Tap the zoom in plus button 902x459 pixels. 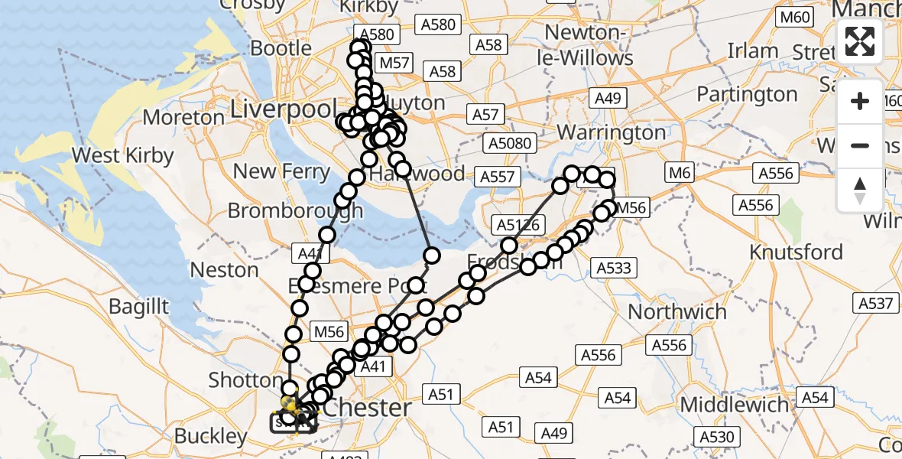click(x=860, y=102)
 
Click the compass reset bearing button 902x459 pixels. click(x=860, y=190)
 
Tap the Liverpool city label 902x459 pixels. click(x=284, y=108)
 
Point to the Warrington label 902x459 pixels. click(x=611, y=132)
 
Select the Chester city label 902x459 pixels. click(x=368, y=407)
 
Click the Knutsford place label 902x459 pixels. click(x=796, y=252)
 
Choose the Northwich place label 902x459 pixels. click(x=677, y=312)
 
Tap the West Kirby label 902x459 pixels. click(x=122, y=155)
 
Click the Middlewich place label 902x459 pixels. click(x=734, y=405)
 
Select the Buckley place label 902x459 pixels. click(x=211, y=436)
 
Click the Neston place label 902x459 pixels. click(x=225, y=269)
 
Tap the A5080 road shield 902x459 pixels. click(x=510, y=143)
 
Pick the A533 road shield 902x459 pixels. click(x=613, y=267)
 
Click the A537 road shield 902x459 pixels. click(x=875, y=304)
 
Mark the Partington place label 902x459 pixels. click(x=747, y=94)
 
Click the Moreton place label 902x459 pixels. click(x=183, y=117)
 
